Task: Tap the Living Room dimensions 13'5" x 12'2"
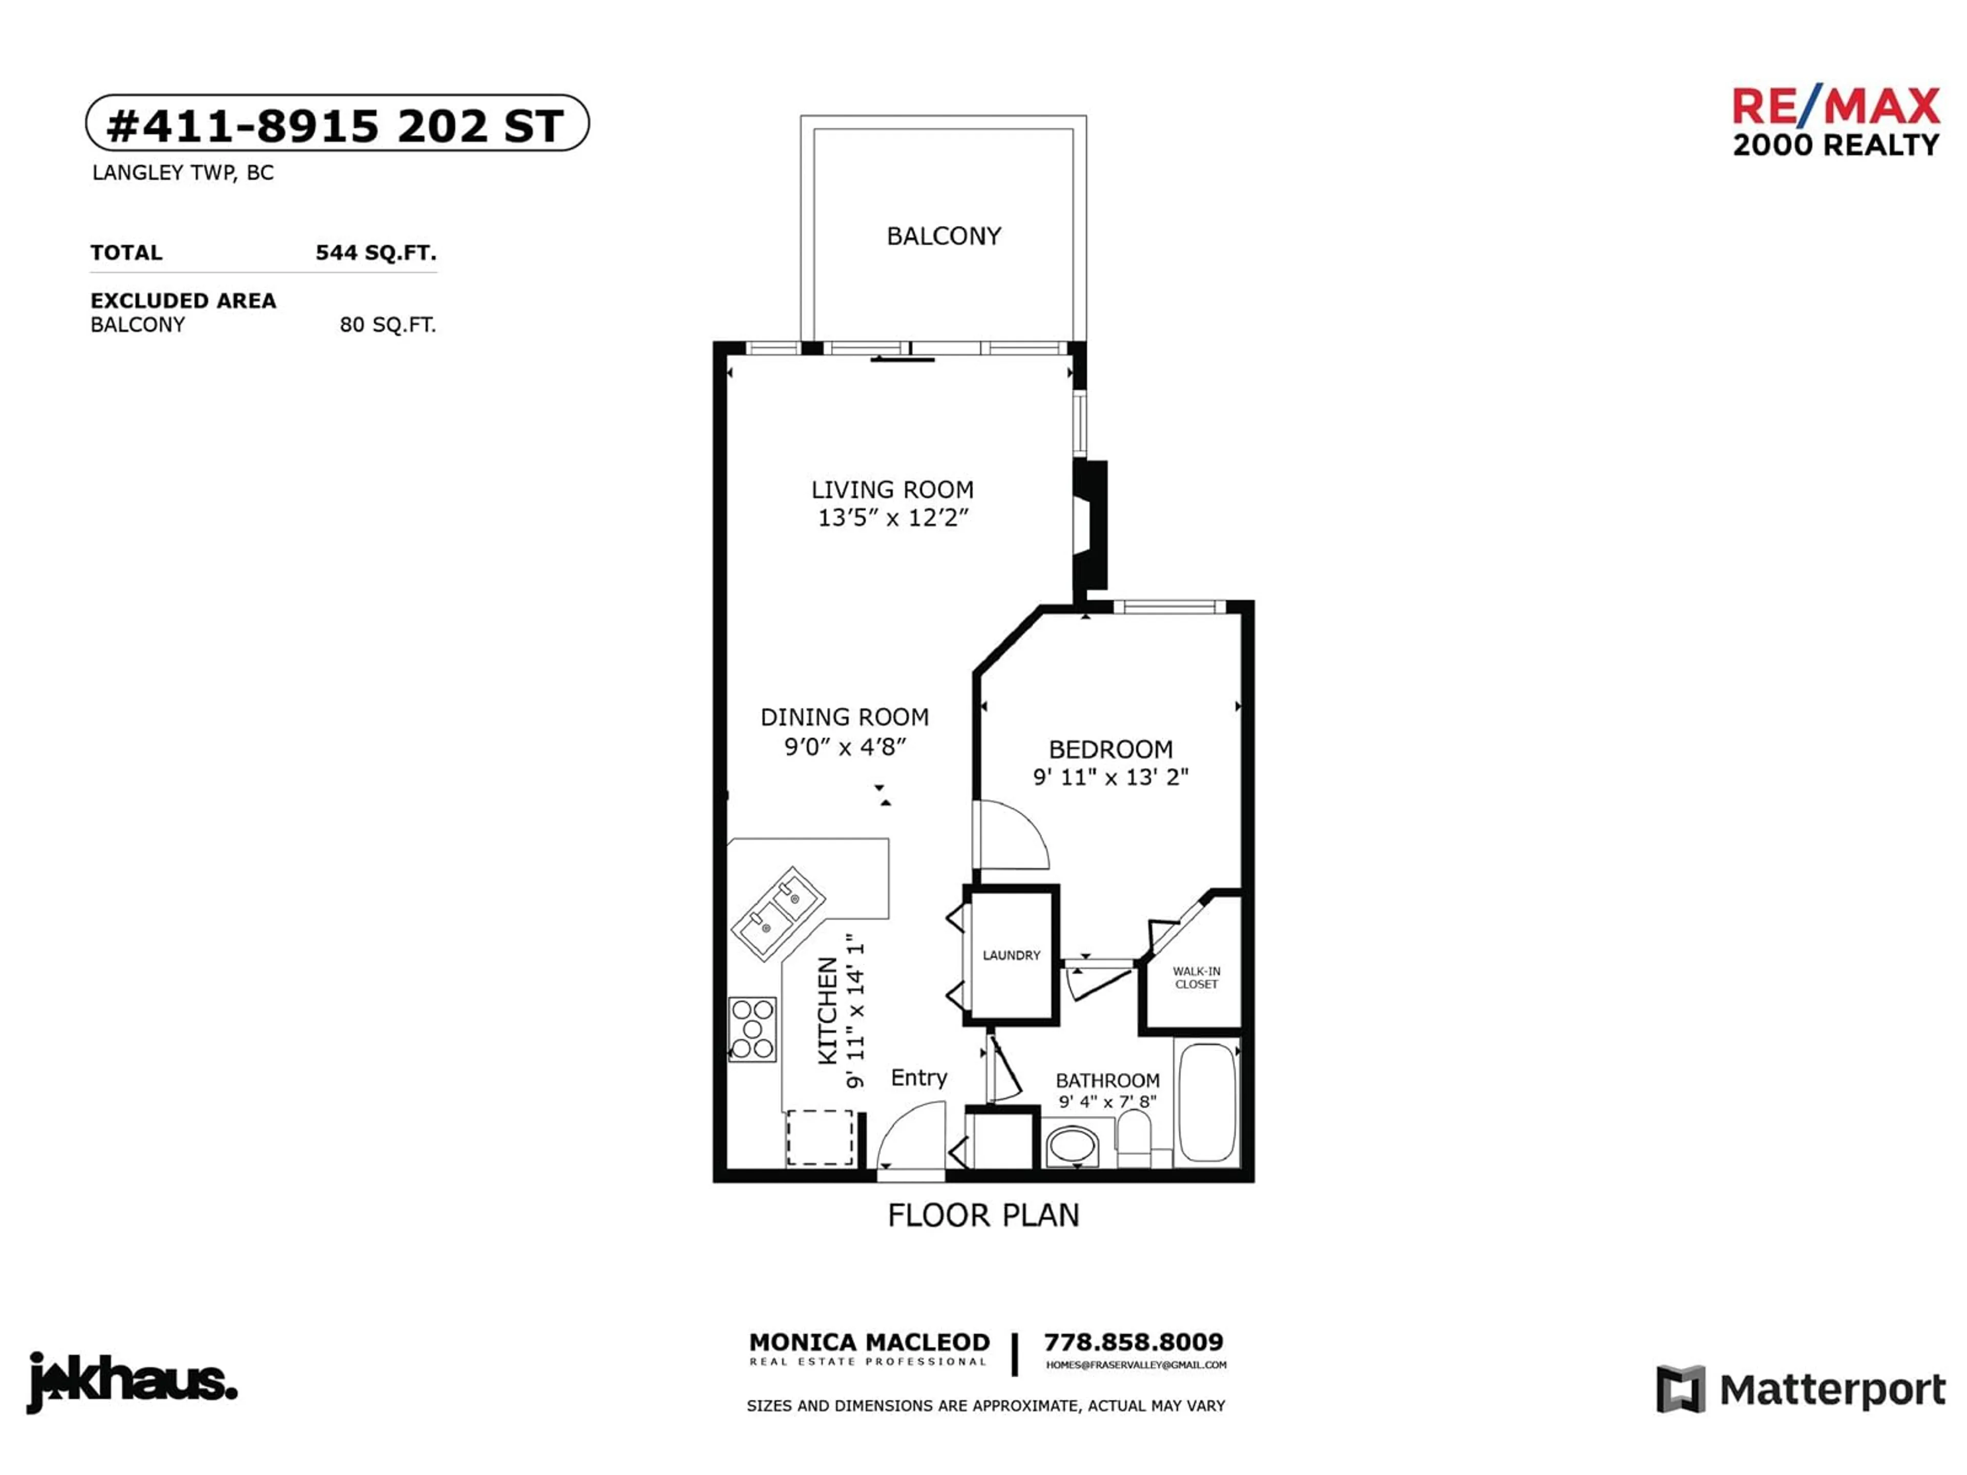[893, 517]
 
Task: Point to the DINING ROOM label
[845, 717]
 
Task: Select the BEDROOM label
[1111, 749]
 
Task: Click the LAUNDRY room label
[1011, 955]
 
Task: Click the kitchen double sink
[779, 913]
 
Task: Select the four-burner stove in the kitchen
[752, 1029]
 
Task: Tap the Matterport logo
[1801, 1389]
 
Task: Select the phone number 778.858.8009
[1134, 1342]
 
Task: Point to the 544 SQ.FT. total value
[376, 252]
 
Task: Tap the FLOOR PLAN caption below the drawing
[983, 1215]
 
